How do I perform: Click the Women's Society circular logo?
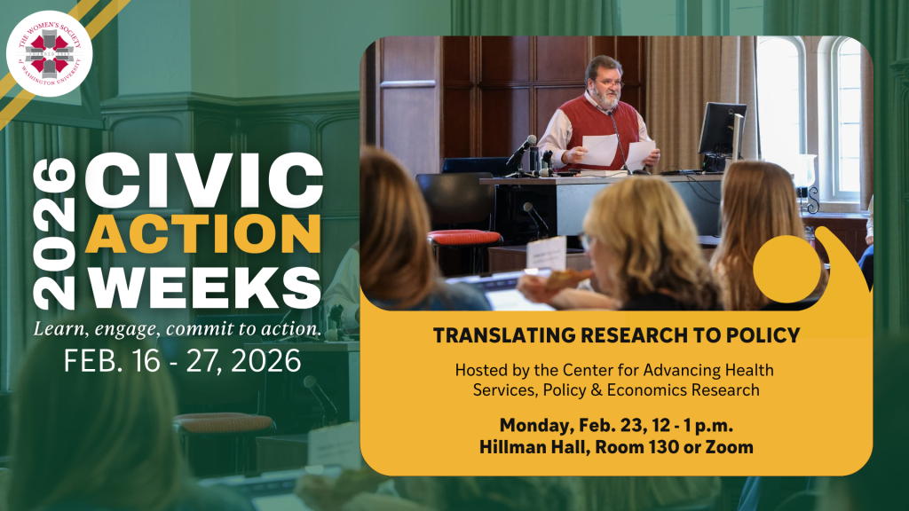[x=50, y=53]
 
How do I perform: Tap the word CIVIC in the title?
[x=204, y=180]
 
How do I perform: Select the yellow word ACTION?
[x=203, y=233]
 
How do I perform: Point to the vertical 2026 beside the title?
[x=54, y=233]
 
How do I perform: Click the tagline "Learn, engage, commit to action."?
[x=177, y=329]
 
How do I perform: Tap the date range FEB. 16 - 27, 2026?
[x=182, y=361]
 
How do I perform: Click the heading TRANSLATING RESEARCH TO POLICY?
[x=616, y=334]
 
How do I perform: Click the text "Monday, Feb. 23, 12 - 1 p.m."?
[x=616, y=425]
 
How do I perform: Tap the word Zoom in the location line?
[x=730, y=447]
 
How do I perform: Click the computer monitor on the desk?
[x=722, y=131]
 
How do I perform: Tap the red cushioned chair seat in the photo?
[x=464, y=237]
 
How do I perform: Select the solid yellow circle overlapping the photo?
[x=787, y=268]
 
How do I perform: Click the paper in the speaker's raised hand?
[x=599, y=149]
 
